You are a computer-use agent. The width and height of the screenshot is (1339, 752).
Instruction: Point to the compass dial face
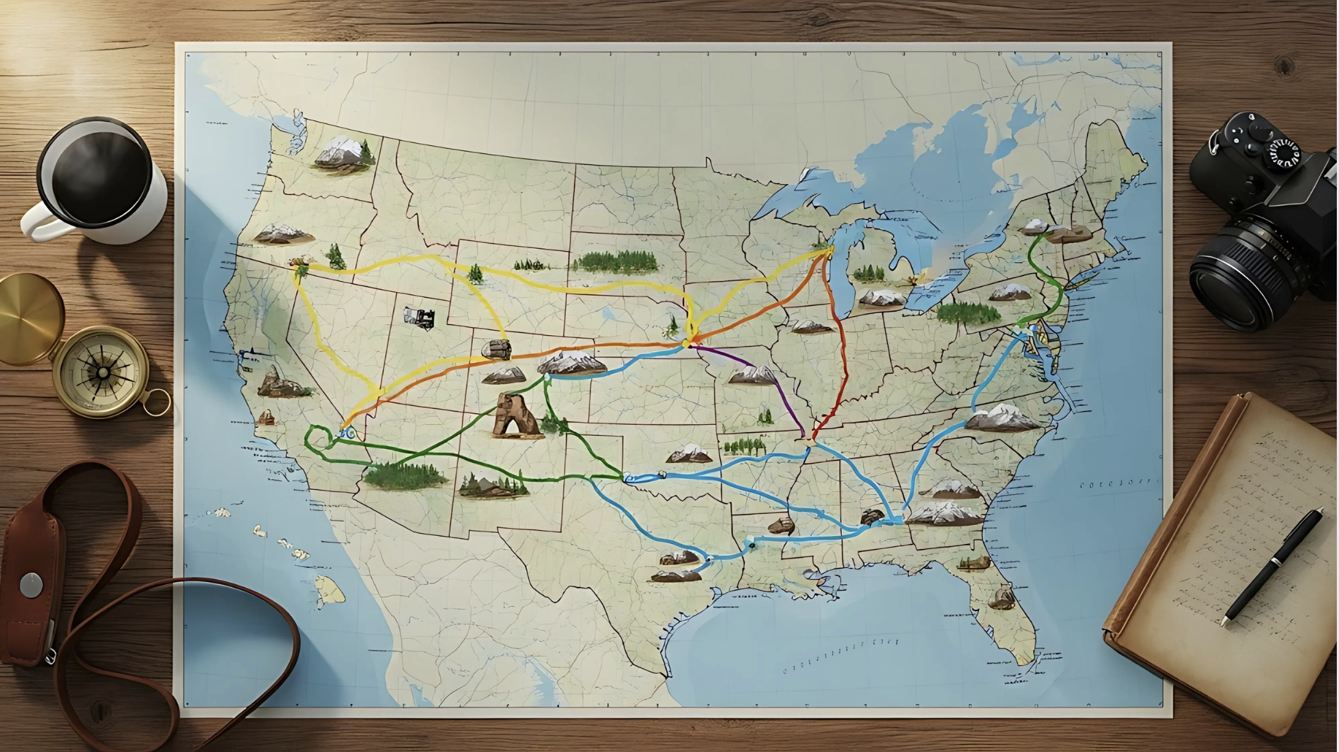103,372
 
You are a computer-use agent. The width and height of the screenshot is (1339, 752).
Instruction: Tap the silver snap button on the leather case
31,585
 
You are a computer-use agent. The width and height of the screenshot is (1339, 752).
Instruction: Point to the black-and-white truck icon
419,318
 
